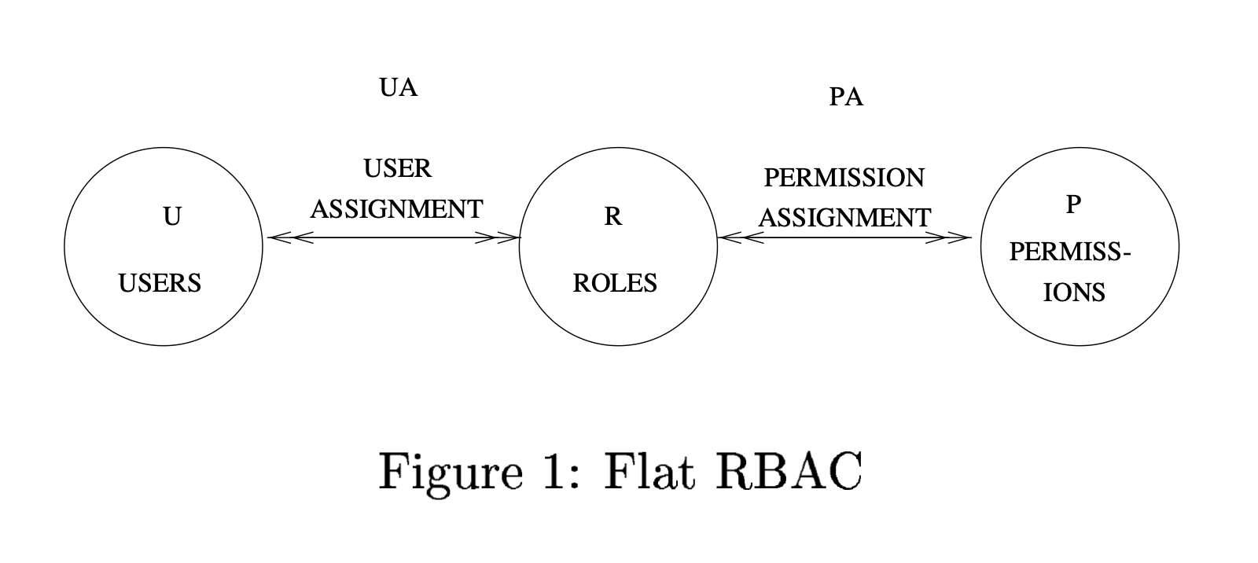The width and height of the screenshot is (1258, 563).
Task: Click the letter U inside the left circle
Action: pos(171,216)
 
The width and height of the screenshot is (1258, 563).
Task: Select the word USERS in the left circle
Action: pos(160,283)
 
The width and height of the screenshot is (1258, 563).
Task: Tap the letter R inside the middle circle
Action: pos(612,216)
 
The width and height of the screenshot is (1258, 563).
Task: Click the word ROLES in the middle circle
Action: pos(614,283)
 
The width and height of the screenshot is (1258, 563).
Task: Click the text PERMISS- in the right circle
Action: pos(1069,252)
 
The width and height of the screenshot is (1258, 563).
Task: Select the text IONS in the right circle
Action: pos(1074,293)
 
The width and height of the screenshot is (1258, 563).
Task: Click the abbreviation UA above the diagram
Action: pos(398,87)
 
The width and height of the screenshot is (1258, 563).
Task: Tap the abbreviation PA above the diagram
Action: pos(846,98)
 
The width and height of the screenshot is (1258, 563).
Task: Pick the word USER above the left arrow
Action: pos(397,168)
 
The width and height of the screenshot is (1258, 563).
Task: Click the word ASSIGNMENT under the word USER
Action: pos(396,209)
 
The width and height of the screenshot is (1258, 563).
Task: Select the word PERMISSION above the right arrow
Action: pos(844,178)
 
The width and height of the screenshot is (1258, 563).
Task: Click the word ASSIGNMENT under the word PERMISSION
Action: pos(844,218)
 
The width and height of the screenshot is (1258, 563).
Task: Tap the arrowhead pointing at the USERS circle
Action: pos(280,237)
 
